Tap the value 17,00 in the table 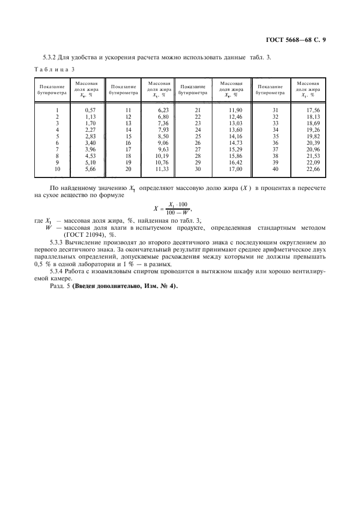[236, 169]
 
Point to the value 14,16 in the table [236, 137]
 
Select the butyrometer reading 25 [198, 137]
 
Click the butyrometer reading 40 [275, 169]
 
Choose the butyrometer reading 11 [129, 111]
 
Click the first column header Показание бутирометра [52, 90]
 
